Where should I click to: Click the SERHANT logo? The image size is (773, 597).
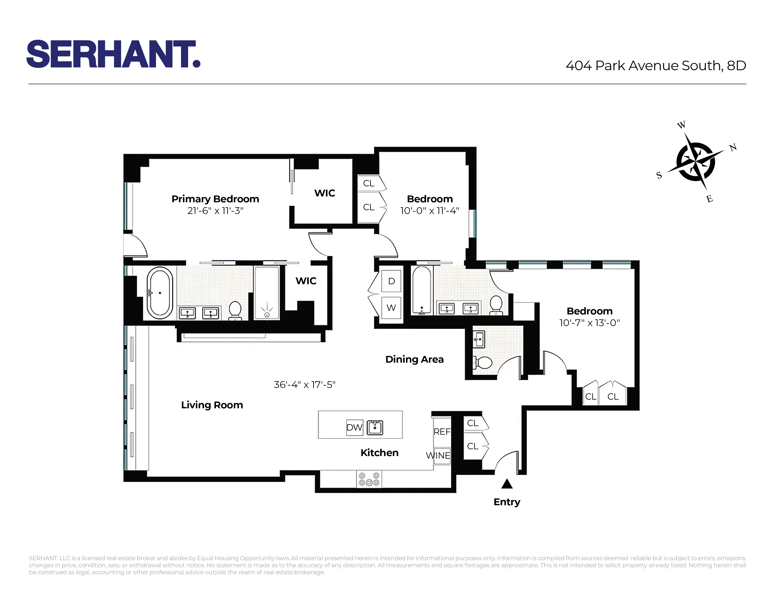113,54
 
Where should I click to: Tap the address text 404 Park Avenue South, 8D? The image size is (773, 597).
655,65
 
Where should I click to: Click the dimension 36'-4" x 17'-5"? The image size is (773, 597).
304,384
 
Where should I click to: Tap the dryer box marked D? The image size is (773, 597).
391,281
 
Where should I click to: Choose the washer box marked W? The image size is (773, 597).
391,308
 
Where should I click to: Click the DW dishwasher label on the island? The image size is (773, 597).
354,427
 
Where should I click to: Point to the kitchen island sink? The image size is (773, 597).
375,427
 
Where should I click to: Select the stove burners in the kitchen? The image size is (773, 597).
369,479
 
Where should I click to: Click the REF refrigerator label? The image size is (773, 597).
442,431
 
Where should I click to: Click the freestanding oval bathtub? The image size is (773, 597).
160,293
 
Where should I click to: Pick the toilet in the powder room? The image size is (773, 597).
482,362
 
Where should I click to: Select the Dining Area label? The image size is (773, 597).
414,359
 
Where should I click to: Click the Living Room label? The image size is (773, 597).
212,405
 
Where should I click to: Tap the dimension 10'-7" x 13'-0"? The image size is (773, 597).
589,323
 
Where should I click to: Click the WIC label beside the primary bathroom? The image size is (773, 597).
306,281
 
